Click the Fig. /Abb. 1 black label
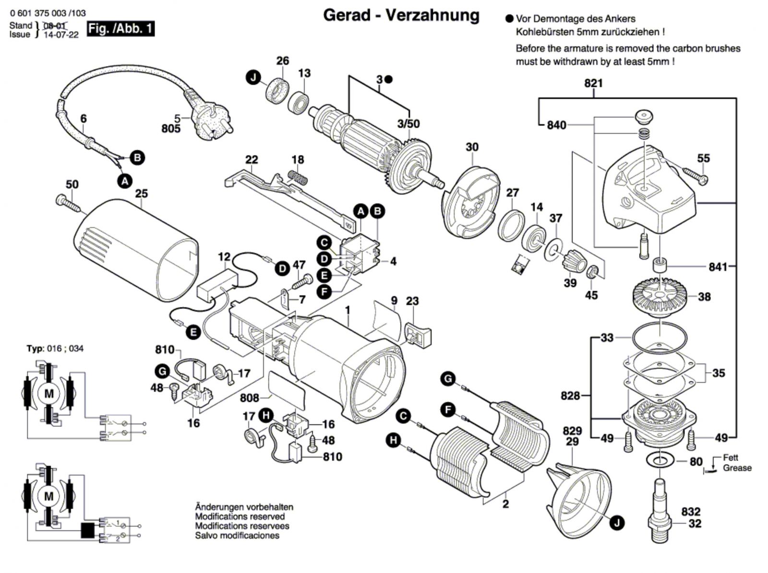click(x=120, y=29)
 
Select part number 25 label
click(x=142, y=194)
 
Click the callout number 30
click(x=472, y=147)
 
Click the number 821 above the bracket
click(x=593, y=83)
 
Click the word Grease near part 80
click(x=737, y=468)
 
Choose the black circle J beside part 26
click(x=254, y=77)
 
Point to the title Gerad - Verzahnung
click(x=401, y=15)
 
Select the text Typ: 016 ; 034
click(x=55, y=349)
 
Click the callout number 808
click(x=250, y=398)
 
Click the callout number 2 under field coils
click(x=505, y=504)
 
